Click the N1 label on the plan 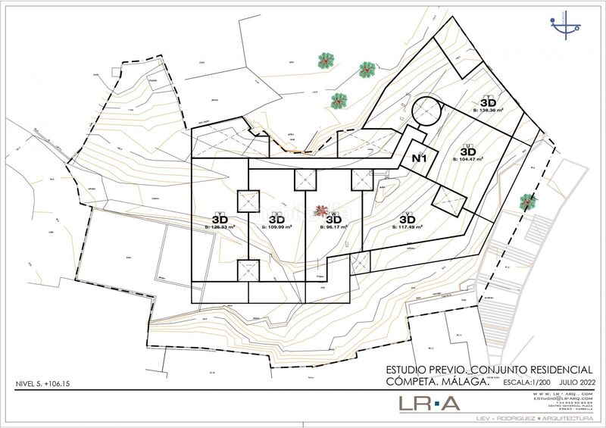[x=420, y=158]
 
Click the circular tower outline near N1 [x=426, y=113]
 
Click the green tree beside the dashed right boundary [x=526, y=202]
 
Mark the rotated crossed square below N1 [x=448, y=202]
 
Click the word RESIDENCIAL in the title [x=557, y=370]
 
